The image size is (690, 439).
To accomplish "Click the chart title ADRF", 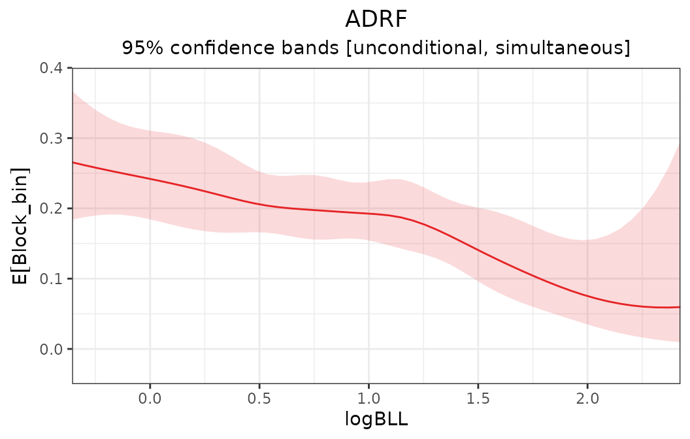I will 376,20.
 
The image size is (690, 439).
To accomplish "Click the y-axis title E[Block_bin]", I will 21,225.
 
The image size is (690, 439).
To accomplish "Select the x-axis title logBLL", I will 376,419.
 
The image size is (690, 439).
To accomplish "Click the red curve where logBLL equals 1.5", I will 478,251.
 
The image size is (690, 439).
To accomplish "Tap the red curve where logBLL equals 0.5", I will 259,204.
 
